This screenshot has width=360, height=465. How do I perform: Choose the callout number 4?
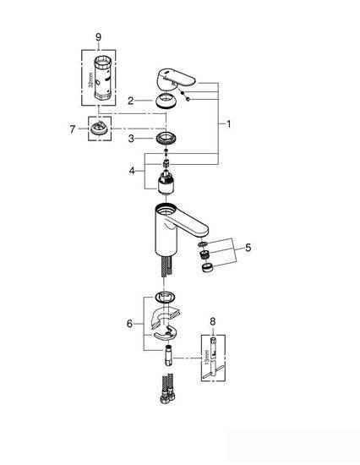click(x=132, y=170)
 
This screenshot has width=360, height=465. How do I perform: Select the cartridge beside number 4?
click(x=165, y=177)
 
